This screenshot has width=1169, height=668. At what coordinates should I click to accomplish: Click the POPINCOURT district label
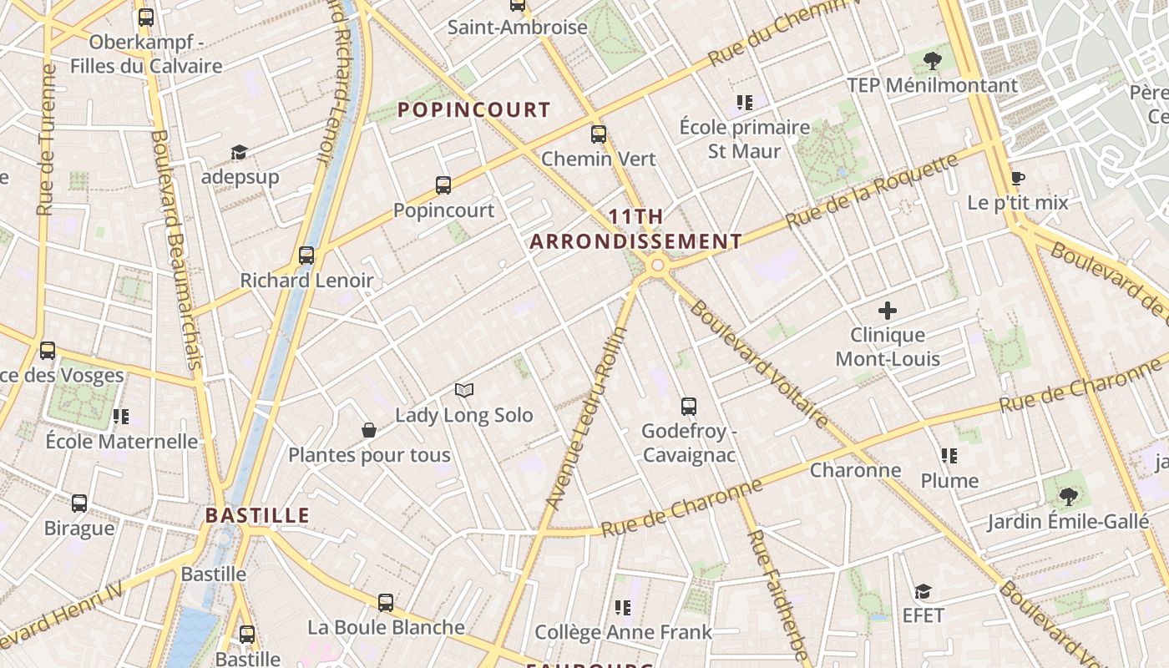click(x=473, y=109)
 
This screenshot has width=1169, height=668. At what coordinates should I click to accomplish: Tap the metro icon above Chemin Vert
click(x=599, y=134)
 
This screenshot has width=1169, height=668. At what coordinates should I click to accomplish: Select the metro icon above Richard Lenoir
click(x=306, y=256)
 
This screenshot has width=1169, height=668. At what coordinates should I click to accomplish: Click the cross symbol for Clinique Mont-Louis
click(x=888, y=311)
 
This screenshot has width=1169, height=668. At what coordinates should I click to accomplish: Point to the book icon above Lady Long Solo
click(x=464, y=390)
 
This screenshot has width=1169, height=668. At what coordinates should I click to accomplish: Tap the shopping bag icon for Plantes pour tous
click(x=369, y=430)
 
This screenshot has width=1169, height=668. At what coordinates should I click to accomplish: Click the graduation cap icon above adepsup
click(x=240, y=152)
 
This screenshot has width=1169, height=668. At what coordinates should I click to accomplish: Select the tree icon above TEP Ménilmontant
click(x=933, y=60)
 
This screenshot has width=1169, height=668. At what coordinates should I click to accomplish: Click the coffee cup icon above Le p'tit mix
click(x=1017, y=178)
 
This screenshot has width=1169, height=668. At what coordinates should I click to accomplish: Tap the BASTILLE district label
click(x=257, y=515)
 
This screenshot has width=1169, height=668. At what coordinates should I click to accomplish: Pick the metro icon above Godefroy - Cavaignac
click(x=689, y=407)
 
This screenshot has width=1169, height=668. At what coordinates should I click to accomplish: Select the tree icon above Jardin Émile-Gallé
click(x=1068, y=497)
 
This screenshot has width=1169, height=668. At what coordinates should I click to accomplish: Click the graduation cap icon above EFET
click(x=923, y=591)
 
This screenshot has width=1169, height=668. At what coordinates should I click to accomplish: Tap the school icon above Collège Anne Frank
click(x=623, y=607)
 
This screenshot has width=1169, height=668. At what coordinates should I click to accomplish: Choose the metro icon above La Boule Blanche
click(x=386, y=602)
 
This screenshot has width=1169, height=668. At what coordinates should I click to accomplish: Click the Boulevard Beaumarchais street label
click(x=177, y=250)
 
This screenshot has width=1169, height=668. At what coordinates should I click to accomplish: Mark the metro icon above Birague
click(x=79, y=504)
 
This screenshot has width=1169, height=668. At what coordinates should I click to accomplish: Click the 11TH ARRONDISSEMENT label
click(x=636, y=230)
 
